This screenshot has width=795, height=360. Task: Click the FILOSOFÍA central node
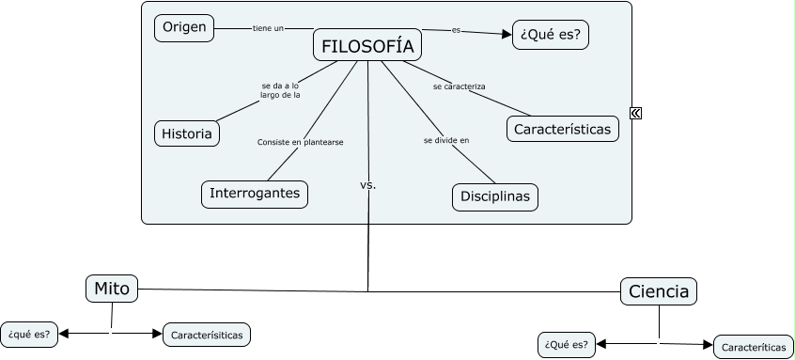(366, 46)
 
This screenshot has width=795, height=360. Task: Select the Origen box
(184, 28)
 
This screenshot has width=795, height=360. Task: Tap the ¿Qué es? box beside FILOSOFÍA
(550, 35)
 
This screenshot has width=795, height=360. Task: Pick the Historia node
(186, 133)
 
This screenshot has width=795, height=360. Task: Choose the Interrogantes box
(255, 194)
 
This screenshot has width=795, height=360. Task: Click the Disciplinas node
(495, 196)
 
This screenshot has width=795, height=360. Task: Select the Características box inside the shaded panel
(562, 129)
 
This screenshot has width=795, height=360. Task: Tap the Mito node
(112, 288)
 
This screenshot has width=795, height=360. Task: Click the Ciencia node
(659, 291)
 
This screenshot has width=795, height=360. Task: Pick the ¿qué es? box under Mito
(29, 334)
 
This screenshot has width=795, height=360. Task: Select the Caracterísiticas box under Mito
(207, 334)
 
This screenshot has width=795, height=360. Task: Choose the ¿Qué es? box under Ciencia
(567, 345)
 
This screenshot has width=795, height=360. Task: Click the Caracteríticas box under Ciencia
(754, 347)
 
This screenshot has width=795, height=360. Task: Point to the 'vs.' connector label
(367, 185)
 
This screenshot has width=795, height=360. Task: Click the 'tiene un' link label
(268, 28)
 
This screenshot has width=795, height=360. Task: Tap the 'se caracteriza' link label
(459, 86)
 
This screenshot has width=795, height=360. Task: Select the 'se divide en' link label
(445, 140)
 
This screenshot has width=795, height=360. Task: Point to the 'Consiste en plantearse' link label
(300, 142)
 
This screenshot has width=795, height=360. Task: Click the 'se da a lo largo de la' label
(280, 90)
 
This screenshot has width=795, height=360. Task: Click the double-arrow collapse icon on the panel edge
(636, 113)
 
